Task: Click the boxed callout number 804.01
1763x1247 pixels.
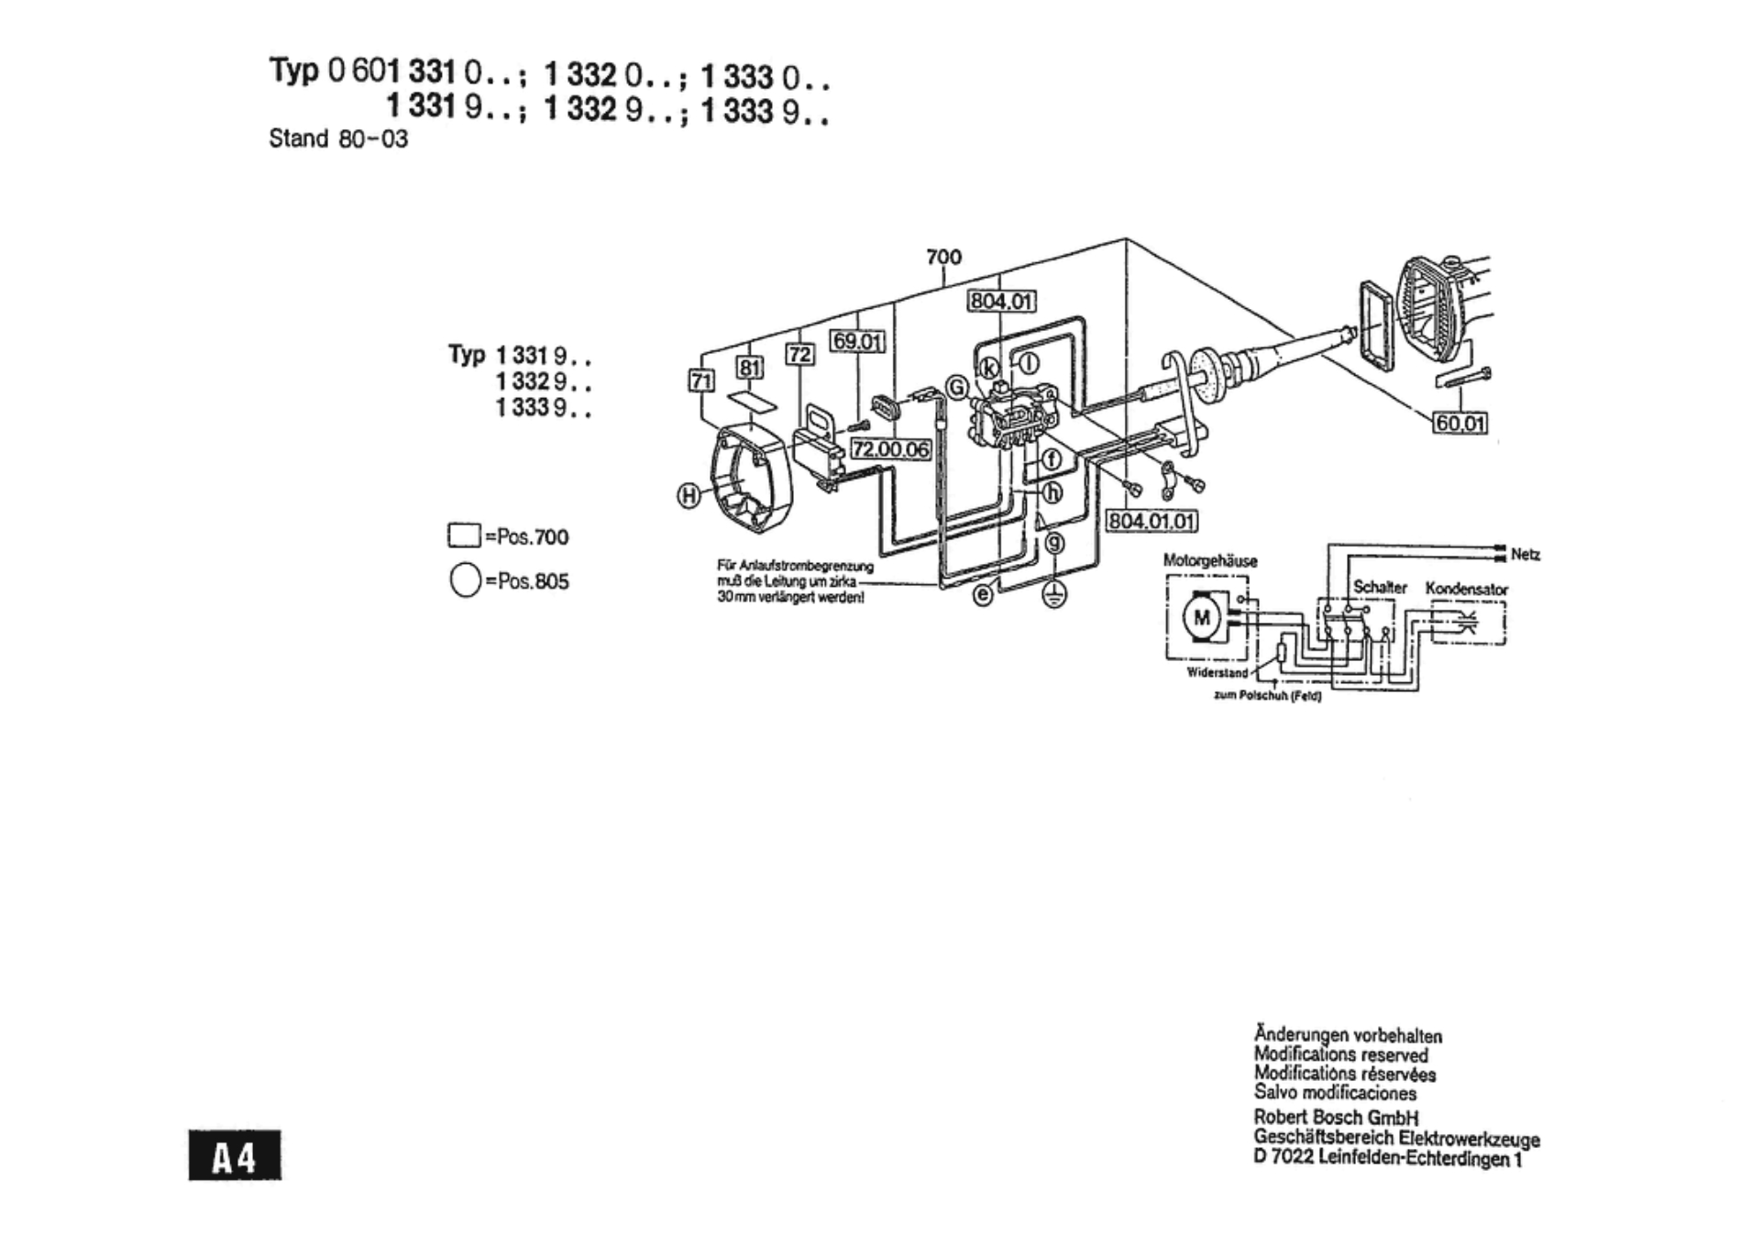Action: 1001,301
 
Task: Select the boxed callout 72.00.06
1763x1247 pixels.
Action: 890,449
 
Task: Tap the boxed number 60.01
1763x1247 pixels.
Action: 1460,423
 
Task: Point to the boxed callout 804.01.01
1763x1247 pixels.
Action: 1151,521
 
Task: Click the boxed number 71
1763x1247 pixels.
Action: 701,380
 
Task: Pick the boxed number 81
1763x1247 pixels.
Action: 750,368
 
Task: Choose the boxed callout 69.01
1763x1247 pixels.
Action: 857,342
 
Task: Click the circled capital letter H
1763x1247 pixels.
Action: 689,496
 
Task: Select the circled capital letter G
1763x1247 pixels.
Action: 957,388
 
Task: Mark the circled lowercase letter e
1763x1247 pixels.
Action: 983,595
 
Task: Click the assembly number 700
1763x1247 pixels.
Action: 943,257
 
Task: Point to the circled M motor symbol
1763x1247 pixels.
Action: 1201,617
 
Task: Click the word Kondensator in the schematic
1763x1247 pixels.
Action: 1466,589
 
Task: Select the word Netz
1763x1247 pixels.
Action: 1526,554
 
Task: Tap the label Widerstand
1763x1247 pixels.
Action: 1217,672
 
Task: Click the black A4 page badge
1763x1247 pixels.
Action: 235,1155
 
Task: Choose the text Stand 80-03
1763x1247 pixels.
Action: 337,139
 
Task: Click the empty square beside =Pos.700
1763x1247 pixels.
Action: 464,535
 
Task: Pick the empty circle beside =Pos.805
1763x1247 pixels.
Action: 465,580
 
